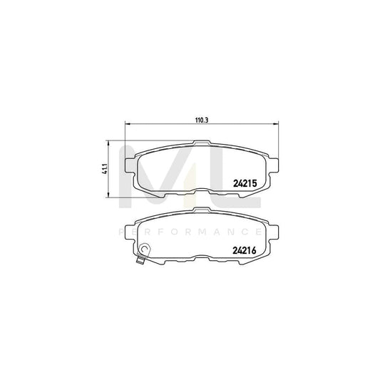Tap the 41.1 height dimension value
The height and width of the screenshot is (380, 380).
(104, 169)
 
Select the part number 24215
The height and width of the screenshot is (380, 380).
(245, 182)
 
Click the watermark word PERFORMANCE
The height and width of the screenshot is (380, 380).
(190, 232)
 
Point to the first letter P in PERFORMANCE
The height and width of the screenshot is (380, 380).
(118, 232)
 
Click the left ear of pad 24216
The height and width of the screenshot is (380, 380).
(130, 230)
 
